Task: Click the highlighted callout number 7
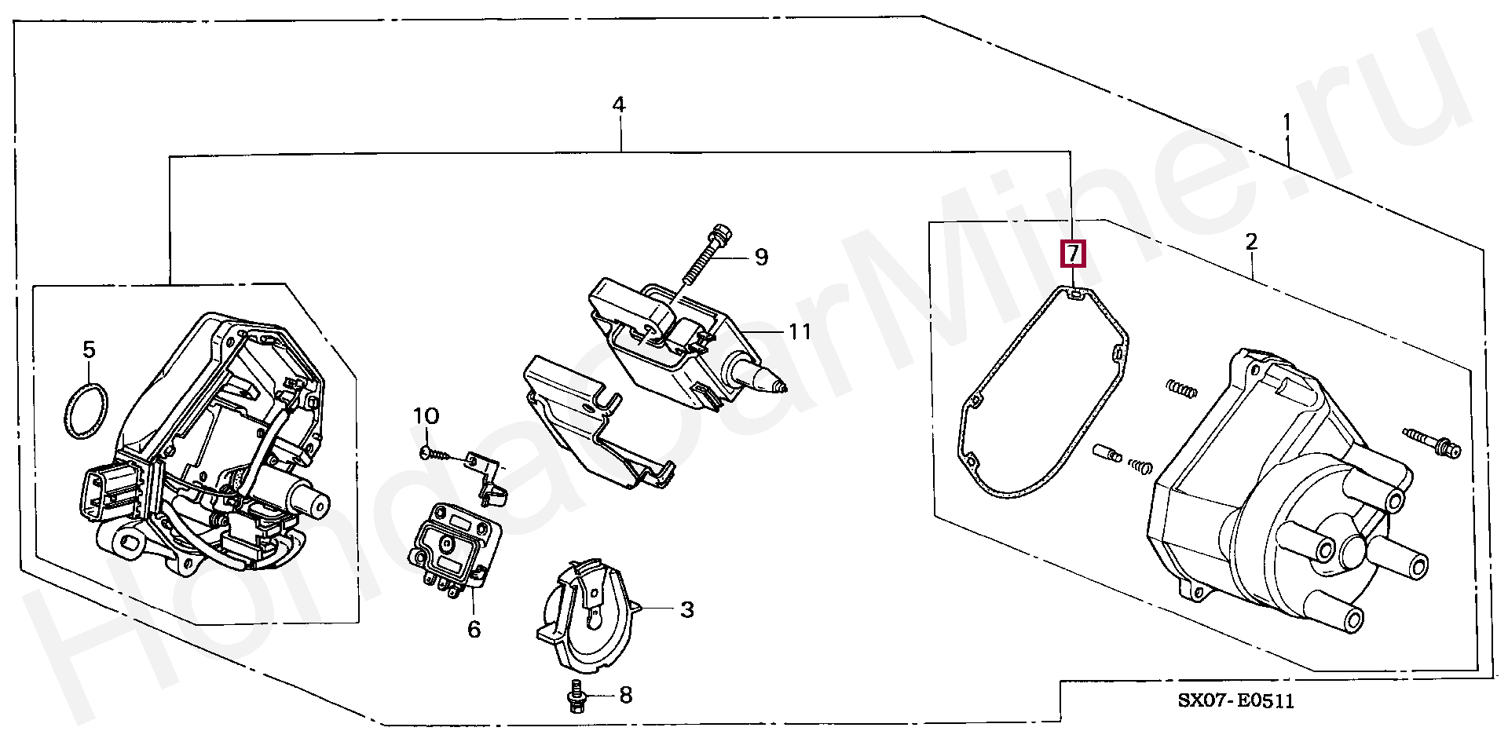point(1073,254)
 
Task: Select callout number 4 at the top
point(619,104)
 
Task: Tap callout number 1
point(1287,122)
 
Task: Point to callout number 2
point(1251,241)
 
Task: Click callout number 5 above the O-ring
point(89,349)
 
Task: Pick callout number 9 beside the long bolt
point(761,257)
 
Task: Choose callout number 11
point(800,331)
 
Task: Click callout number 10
point(426,416)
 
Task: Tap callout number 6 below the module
point(474,629)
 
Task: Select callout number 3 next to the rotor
point(687,609)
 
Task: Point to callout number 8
point(625,695)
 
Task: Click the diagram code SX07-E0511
point(1235,700)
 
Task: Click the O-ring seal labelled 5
point(85,411)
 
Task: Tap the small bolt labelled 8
point(576,696)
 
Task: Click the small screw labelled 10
point(437,454)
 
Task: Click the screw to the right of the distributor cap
point(1432,441)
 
